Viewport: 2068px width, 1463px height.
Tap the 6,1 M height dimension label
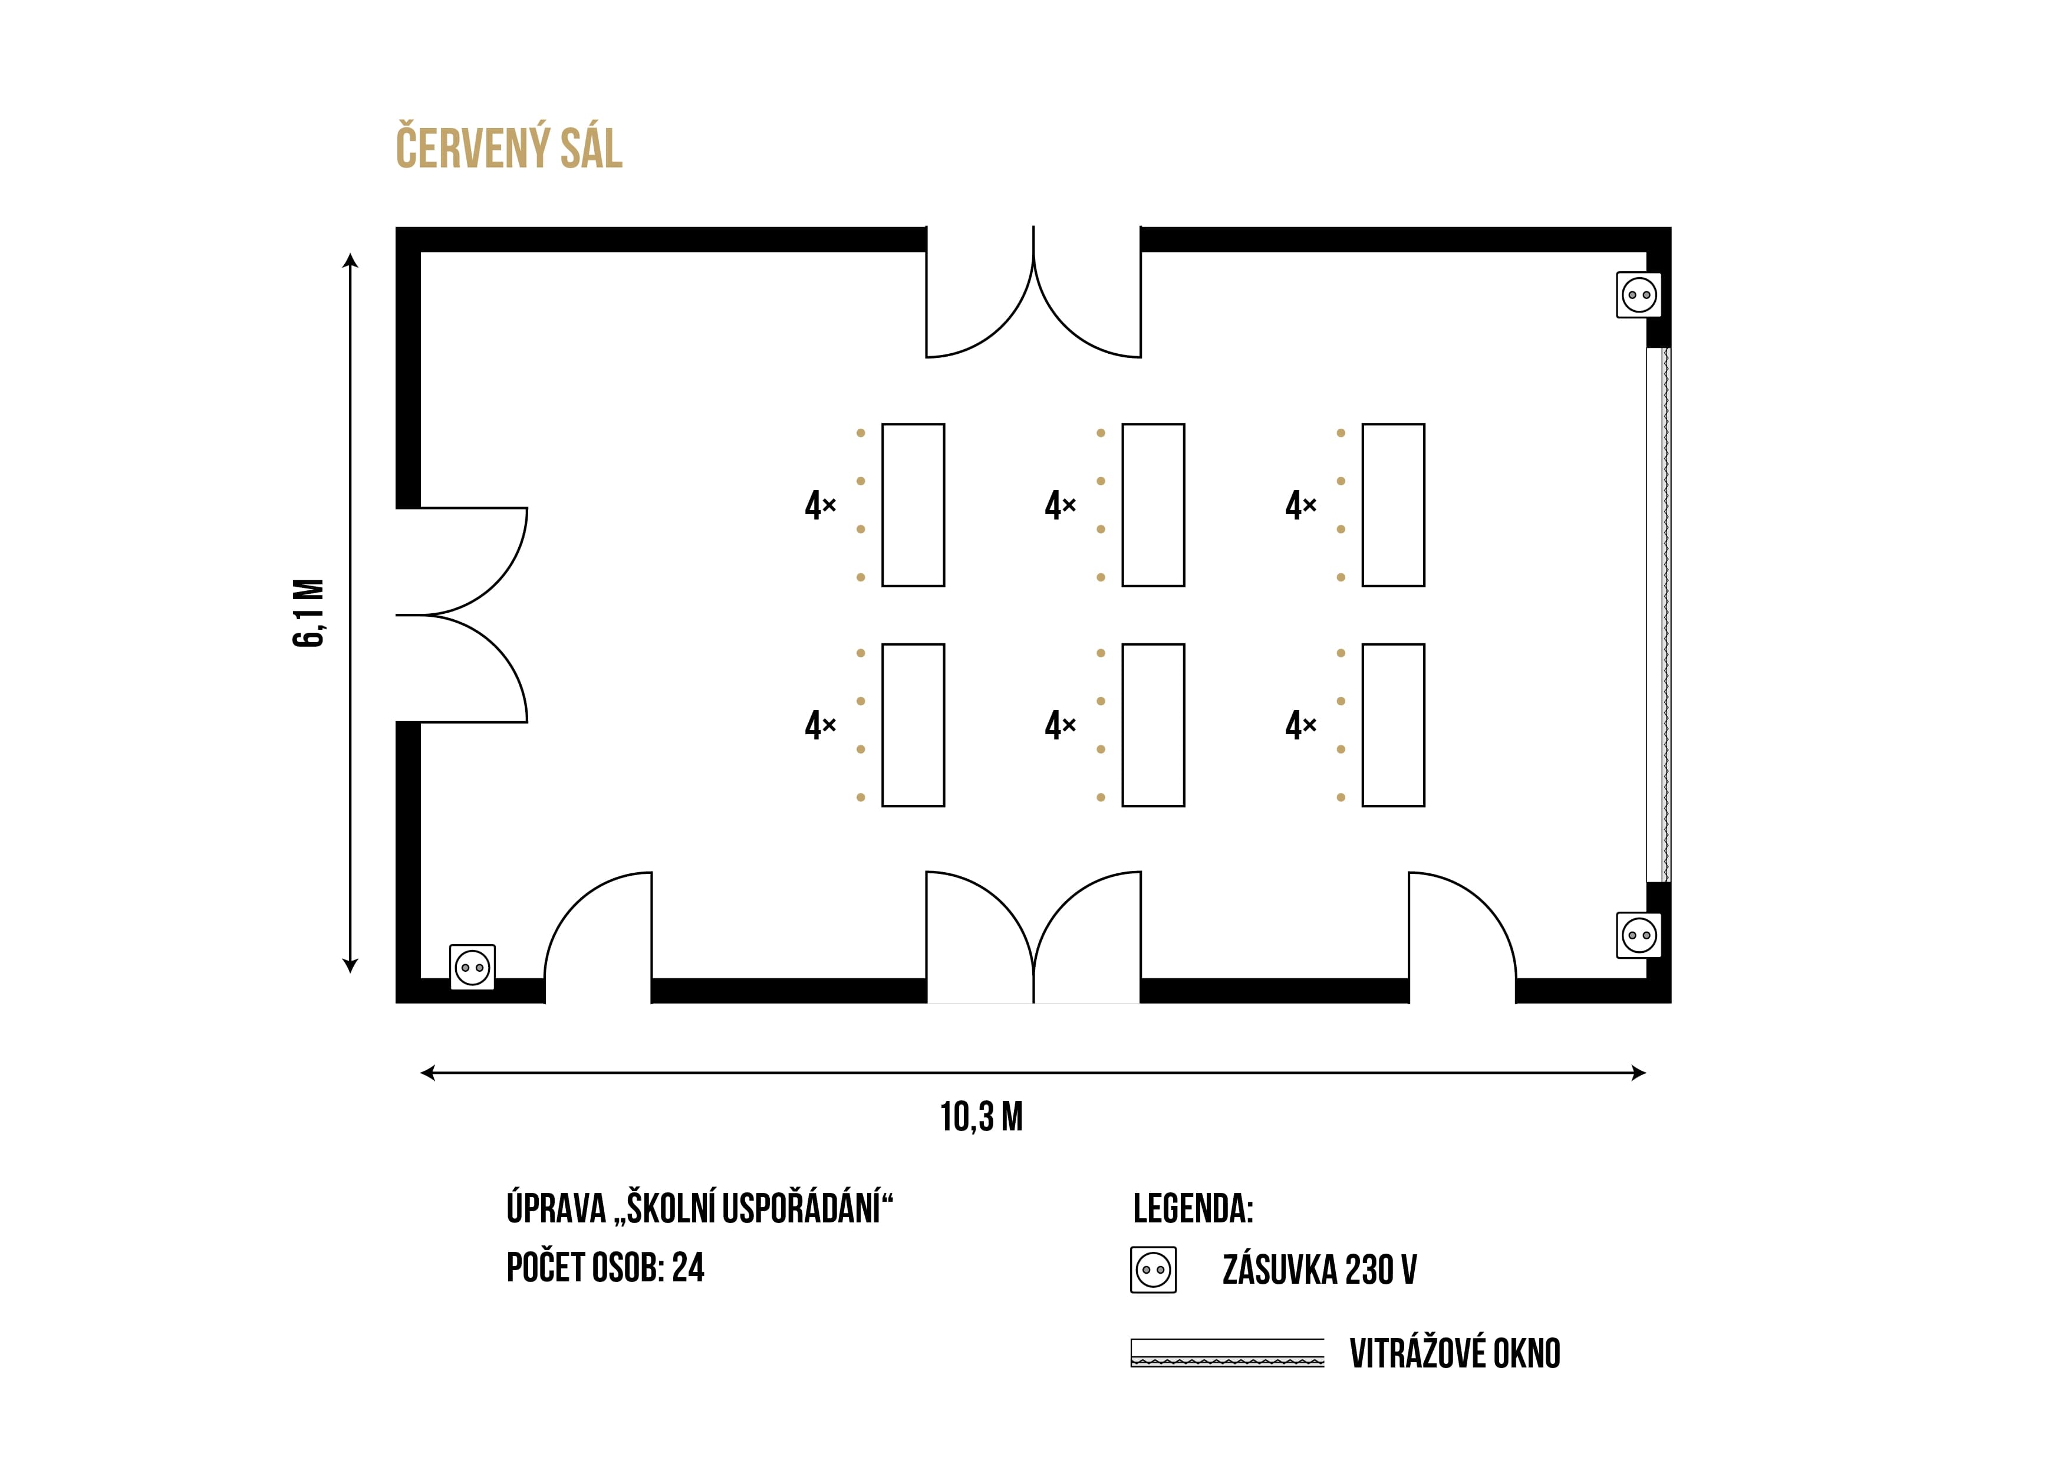coord(308,613)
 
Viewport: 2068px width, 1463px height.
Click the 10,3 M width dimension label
coord(982,1117)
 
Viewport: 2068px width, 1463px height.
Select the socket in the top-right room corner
coord(1639,295)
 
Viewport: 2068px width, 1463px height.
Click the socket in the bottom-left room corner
coord(472,968)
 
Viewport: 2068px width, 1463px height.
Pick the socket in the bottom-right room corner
coord(1639,935)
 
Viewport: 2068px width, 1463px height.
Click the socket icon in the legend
coord(1154,1270)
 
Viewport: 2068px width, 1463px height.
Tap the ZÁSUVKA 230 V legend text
coord(1319,1270)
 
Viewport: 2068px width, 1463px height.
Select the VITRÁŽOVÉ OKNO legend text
coord(1455,1353)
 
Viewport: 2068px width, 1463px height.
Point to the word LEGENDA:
coord(1193,1209)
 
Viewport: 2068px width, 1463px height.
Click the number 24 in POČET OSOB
coord(688,1267)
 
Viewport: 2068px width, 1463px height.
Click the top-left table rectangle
coord(913,505)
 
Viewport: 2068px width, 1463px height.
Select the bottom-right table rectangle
coord(1394,725)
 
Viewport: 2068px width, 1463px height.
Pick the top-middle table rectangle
coord(1153,505)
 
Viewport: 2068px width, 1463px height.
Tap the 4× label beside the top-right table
coord(1300,505)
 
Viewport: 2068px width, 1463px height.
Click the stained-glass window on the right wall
coord(1658,614)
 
